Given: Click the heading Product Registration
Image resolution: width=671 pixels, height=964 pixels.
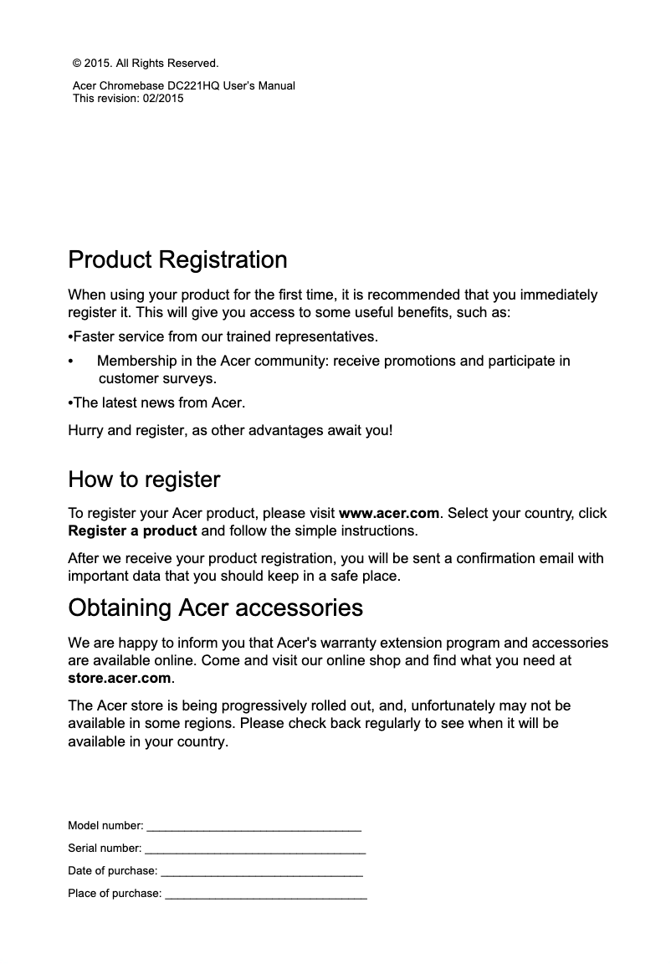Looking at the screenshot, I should coord(177,260).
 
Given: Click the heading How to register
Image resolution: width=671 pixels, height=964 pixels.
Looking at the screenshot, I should coord(144,480).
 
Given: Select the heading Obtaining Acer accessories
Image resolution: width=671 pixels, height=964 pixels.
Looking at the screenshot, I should coord(215,608).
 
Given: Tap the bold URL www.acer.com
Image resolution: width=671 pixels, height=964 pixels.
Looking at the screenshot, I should coord(388,513).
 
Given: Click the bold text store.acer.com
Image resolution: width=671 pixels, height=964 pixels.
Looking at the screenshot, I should coord(120,678).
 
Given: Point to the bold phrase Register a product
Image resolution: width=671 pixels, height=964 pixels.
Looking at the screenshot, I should coord(132,531).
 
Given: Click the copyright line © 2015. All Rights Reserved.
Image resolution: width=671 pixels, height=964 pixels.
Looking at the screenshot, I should coord(146,63).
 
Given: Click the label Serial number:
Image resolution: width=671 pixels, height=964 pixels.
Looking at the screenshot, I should coord(105,849).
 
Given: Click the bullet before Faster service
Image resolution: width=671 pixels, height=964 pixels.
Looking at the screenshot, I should coord(70,337).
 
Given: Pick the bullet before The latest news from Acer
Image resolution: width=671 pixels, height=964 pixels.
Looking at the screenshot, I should coord(70,403).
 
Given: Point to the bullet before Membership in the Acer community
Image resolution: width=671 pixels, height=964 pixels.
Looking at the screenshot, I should coord(70,361).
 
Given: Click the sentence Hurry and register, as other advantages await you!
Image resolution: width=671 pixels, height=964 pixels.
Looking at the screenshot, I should coord(229,431).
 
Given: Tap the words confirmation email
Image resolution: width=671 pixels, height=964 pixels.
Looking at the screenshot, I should coord(524,558).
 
